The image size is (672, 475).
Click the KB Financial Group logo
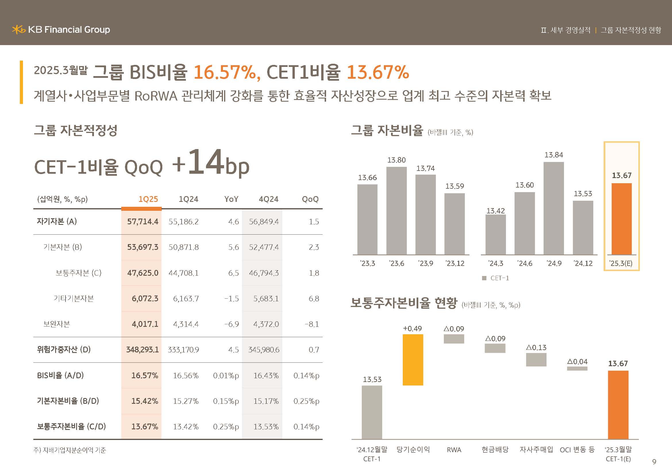click(61, 30)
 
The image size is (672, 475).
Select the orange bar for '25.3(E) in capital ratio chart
click(621, 219)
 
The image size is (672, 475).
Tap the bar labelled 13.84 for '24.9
click(553, 208)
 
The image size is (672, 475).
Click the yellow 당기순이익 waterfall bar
click(413, 360)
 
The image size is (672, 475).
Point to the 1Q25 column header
click(148, 199)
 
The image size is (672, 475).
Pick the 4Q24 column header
click(268, 199)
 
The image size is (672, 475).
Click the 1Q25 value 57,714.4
click(143, 222)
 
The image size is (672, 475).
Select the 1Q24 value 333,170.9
click(183, 350)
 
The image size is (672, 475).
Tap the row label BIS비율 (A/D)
click(60, 375)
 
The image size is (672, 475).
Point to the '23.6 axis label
click(396, 264)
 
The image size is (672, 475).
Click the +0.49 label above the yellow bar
click(412, 329)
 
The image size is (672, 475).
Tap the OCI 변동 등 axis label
click(577, 449)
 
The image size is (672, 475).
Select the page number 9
click(654, 462)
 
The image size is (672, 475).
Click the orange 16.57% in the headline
click(225, 72)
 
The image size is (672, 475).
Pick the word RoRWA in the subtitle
click(156, 96)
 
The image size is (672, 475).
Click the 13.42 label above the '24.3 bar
click(496, 211)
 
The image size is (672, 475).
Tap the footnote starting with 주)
click(70, 450)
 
